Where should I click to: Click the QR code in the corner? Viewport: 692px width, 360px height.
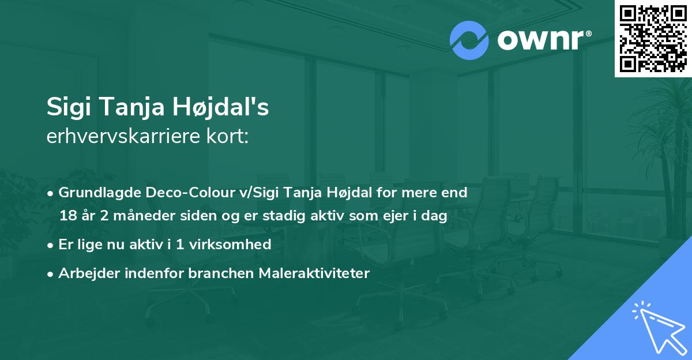(x=653, y=39)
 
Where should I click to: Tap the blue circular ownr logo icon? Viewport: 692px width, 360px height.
(x=469, y=40)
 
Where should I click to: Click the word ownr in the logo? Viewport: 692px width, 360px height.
(x=541, y=40)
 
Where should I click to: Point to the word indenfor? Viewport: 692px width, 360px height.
(x=155, y=273)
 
